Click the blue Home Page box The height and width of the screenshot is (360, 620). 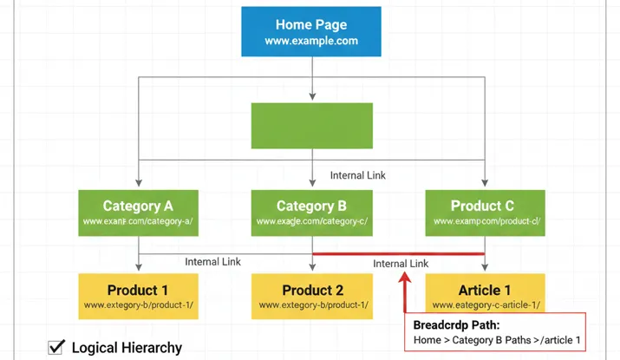point(311,33)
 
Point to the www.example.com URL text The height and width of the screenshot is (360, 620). point(311,42)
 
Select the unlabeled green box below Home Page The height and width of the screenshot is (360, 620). point(311,126)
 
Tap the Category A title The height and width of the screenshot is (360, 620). point(138,206)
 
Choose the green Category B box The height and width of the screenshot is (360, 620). point(311,213)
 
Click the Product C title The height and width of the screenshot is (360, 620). point(482,206)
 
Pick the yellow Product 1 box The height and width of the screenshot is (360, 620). point(138,297)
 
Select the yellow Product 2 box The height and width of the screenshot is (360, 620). point(311,297)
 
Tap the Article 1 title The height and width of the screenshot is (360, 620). point(485,290)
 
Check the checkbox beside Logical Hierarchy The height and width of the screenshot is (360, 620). point(56,347)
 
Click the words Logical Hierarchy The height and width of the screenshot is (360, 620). point(127,348)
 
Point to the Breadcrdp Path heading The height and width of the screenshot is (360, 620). point(456,325)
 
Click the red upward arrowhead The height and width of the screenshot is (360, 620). point(405,277)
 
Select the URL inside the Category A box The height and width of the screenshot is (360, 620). point(138,222)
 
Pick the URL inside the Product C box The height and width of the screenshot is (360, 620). point(486,222)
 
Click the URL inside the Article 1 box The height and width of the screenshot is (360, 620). point(486,305)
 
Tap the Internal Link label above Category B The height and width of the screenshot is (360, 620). point(358,175)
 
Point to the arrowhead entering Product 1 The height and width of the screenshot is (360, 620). point(139,269)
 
